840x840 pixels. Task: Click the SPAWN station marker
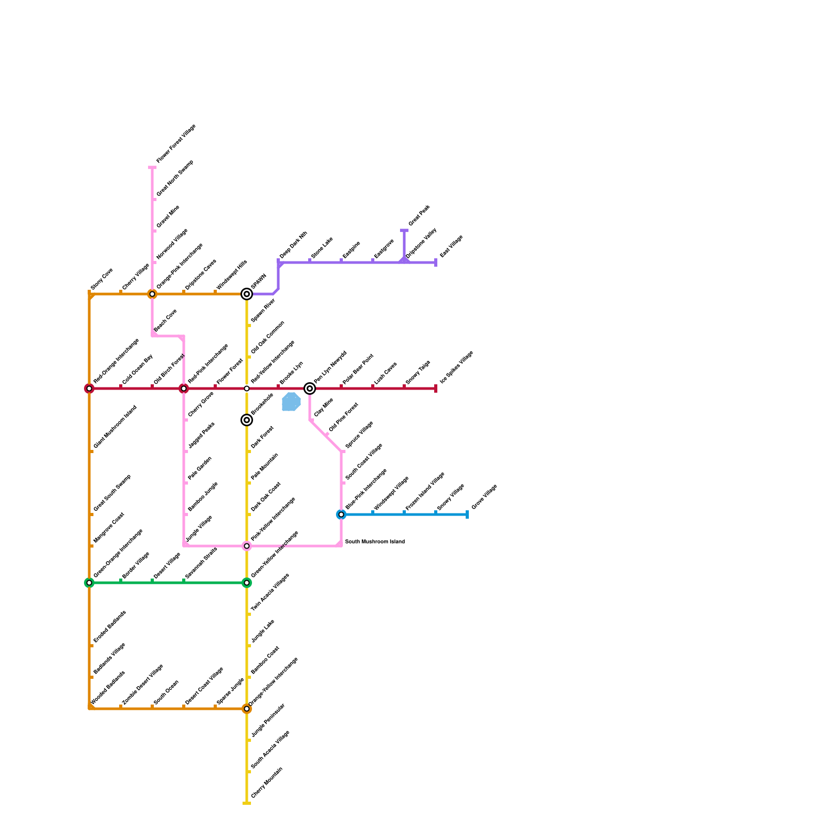(247, 294)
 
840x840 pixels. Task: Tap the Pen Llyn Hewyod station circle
(310, 388)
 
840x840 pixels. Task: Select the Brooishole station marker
(247, 420)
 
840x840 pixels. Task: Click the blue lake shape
(291, 402)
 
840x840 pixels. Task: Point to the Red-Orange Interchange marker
(89, 388)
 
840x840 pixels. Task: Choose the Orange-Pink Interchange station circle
(152, 294)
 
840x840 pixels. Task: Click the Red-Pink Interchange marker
(184, 388)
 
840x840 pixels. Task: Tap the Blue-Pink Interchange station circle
(341, 514)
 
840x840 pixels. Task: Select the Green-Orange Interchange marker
(89, 583)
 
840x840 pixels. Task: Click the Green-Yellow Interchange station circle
(247, 583)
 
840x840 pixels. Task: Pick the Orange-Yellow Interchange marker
(247, 709)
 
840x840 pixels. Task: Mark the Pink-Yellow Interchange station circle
(247, 546)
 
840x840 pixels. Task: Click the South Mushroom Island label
(375, 541)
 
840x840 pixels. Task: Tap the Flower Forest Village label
(176, 143)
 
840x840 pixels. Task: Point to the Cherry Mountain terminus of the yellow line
(247, 803)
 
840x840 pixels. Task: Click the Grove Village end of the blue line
(467, 514)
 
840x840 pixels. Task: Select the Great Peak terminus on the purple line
(404, 230)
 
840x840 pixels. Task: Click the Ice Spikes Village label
(457, 367)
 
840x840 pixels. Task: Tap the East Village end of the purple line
(436, 262)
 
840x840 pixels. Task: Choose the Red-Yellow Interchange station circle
(247, 388)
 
